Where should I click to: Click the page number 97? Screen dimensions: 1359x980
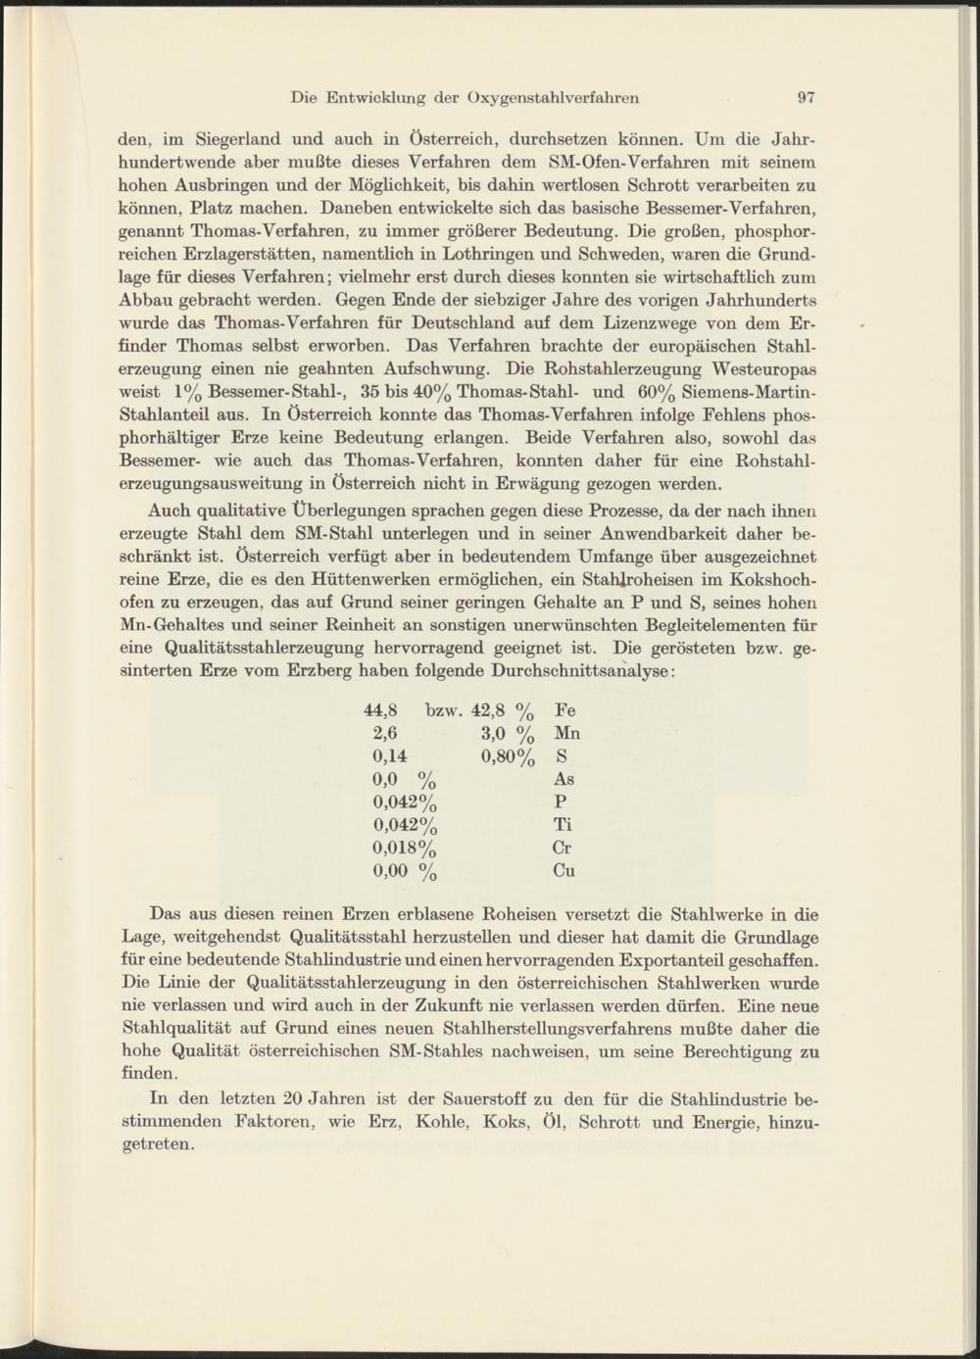click(x=807, y=97)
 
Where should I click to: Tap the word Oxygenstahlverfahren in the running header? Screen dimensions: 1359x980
click(x=554, y=97)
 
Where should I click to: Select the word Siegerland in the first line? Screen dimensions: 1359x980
click(x=238, y=138)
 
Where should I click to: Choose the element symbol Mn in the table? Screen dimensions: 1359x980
click(x=566, y=734)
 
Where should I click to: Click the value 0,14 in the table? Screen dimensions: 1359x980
click(x=389, y=756)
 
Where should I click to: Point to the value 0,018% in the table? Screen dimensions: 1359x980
click(x=404, y=848)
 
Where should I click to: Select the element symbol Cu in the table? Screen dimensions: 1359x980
click(x=563, y=870)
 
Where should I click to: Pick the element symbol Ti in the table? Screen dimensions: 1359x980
click(x=563, y=825)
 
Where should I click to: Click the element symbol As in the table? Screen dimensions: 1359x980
click(x=563, y=779)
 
